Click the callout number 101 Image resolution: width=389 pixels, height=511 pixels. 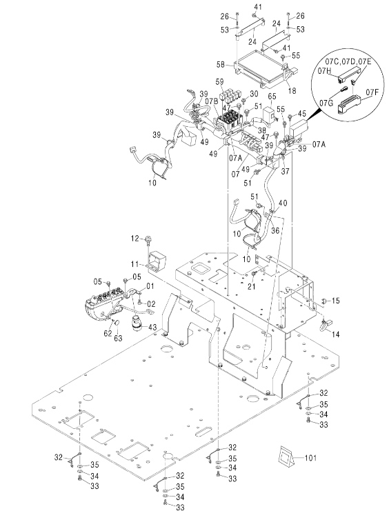tap(310, 458)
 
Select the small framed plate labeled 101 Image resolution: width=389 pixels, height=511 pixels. tap(286, 455)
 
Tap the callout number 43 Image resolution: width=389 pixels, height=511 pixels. tap(152, 327)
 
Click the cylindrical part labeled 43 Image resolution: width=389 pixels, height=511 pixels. tap(138, 323)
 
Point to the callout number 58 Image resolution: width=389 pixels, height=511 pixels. tap(221, 65)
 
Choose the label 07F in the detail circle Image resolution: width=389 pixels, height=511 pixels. tap(372, 92)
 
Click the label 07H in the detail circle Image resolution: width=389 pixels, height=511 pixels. tap(324, 71)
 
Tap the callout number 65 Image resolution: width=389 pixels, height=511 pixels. tap(272, 96)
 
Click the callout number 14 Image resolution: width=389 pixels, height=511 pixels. tap(335, 334)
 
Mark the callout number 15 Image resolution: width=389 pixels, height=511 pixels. tap(335, 301)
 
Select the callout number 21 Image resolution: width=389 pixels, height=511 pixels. tap(251, 286)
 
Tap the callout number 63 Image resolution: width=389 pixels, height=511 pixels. tap(118, 339)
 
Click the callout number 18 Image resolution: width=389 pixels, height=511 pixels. tap(292, 90)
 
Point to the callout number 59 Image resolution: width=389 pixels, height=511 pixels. tap(219, 83)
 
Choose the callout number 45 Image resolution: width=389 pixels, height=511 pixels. tap(302, 113)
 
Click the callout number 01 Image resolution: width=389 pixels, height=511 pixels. tap(150, 286)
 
